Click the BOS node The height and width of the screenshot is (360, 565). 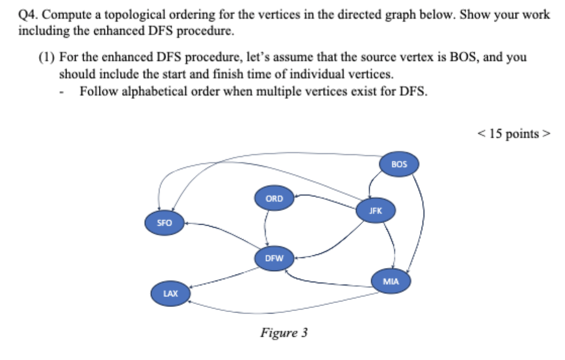[399, 164]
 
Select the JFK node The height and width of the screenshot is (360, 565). [375, 211]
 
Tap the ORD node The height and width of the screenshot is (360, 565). [274, 198]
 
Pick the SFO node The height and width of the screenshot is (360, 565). [164, 223]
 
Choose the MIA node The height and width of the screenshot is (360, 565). [391, 281]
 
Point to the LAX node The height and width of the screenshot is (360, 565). [170, 293]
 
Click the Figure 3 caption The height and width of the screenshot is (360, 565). [284, 333]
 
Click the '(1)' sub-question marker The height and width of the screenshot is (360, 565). [47, 57]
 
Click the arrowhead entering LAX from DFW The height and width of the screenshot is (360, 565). [191, 287]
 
